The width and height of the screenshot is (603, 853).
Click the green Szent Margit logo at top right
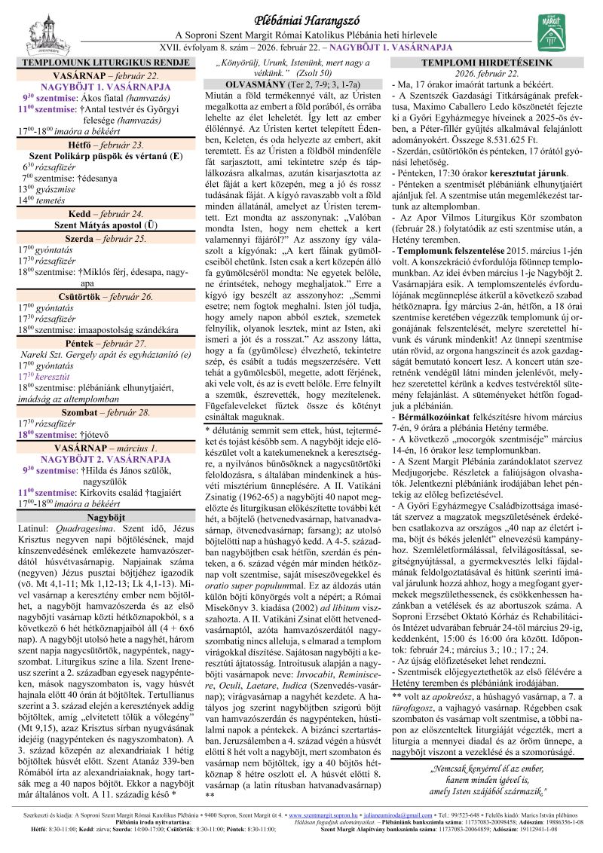point(548,32)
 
